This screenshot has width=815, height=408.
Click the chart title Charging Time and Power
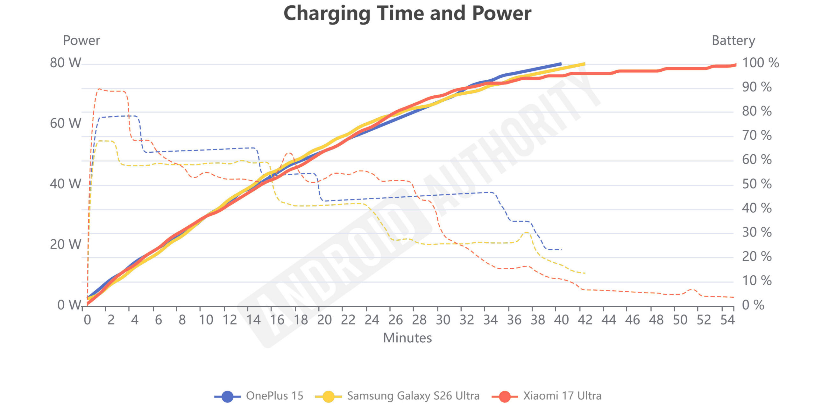[407, 13]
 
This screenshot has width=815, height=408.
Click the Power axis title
[81, 40]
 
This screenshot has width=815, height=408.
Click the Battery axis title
[733, 40]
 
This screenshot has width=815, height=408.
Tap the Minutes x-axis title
[407, 338]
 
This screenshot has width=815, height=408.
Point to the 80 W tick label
[66, 63]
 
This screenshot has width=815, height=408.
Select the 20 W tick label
[66, 244]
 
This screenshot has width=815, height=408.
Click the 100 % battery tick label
[760, 63]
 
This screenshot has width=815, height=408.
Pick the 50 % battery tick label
[756, 184]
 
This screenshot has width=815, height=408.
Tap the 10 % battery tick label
[756, 281]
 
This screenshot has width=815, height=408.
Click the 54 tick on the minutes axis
[727, 320]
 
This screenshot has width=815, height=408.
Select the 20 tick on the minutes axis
[324, 320]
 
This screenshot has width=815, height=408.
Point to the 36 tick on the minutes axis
[514, 320]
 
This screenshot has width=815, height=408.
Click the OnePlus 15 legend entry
[274, 396]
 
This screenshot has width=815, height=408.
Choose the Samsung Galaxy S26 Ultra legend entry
[413, 396]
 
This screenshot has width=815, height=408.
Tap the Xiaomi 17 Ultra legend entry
[562, 396]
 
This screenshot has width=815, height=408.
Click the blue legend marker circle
[227, 397]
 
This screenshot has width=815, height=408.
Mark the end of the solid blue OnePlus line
[561, 64]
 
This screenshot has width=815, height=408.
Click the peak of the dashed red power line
[99, 89]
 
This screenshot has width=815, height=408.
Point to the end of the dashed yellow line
[585, 273]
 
